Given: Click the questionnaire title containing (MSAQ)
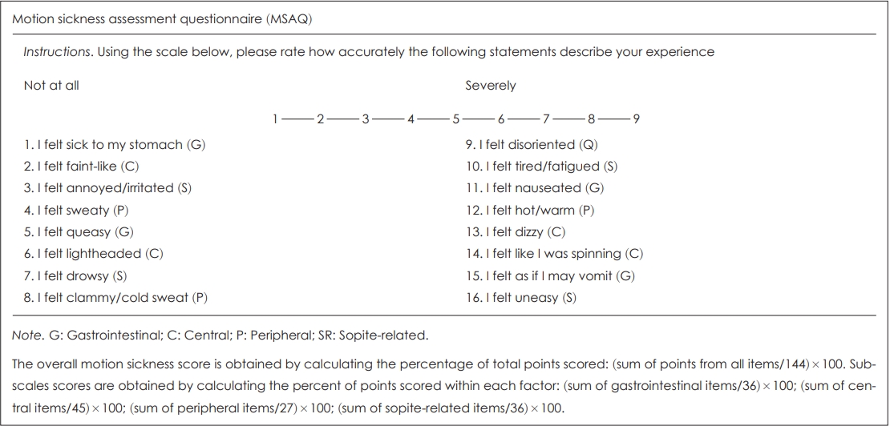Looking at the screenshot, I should (x=163, y=19).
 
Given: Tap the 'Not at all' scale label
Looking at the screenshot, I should (x=51, y=85).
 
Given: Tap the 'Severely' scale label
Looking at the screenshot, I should (x=491, y=85).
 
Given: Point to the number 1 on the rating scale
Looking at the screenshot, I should (x=275, y=119).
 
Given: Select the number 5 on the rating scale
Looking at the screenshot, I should (x=455, y=119).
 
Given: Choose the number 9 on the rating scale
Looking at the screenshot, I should (x=636, y=119).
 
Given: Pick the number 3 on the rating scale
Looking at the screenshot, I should (x=366, y=119).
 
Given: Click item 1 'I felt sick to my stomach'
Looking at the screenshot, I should (x=103, y=145).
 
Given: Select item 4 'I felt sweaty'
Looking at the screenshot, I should (x=76, y=211).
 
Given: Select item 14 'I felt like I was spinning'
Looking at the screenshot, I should (x=554, y=254).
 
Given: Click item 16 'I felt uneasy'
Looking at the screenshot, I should (x=520, y=298).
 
